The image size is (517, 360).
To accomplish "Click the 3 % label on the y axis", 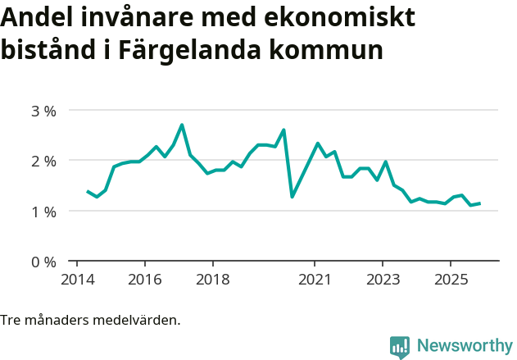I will click(x=43, y=111).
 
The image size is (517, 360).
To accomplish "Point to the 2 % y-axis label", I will click(x=43, y=162).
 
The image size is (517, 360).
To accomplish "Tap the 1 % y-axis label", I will click(x=43, y=212).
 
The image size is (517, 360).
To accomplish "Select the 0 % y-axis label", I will click(x=43, y=262).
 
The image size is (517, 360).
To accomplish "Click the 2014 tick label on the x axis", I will click(x=76, y=280).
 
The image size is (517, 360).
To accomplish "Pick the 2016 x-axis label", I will click(x=144, y=280).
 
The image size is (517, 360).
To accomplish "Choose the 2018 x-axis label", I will click(x=212, y=280).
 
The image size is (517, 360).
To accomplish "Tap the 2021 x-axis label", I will click(x=315, y=280).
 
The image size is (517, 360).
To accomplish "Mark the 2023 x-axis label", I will click(x=383, y=280).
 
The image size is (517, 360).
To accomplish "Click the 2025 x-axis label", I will click(x=451, y=280).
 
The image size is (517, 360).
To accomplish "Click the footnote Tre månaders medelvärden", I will click(x=90, y=320).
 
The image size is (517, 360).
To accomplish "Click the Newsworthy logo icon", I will click(x=400, y=346).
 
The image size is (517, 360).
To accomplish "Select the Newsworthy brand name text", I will click(x=464, y=346).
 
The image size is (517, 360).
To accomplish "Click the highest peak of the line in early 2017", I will click(x=182, y=125).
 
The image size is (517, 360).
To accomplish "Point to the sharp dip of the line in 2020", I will click(x=292, y=197).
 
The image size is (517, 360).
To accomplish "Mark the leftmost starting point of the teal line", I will click(x=88, y=191).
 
